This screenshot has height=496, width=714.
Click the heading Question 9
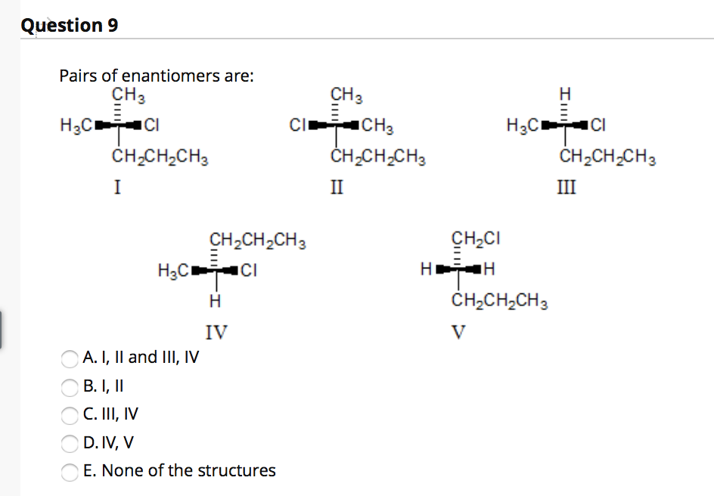coord(70,25)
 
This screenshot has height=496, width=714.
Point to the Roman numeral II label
coord(337,185)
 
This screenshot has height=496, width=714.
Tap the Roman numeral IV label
coord(216,331)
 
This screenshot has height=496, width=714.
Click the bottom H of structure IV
coord(214,302)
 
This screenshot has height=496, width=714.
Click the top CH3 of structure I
coord(128,96)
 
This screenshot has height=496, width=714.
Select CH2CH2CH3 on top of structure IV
coord(257,242)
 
